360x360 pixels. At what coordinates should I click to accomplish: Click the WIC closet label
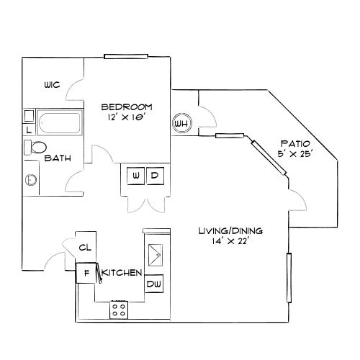(51, 84)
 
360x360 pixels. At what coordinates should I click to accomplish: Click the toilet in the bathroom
(35, 147)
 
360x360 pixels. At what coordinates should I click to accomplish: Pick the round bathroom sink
(32, 179)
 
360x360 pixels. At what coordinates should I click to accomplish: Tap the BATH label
(57, 158)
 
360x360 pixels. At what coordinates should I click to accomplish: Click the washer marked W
(136, 175)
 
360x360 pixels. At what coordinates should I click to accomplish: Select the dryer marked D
(154, 175)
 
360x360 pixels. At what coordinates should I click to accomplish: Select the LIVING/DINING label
(230, 231)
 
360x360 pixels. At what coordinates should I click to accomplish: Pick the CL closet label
(85, 247)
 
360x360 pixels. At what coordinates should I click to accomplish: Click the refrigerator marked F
(86, 273)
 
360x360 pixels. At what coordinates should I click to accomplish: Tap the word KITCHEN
(121, 273)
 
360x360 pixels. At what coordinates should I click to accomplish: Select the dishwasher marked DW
(154, 285)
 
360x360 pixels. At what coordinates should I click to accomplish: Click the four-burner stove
(119, 310)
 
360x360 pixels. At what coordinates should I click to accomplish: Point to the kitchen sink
(155, 255)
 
